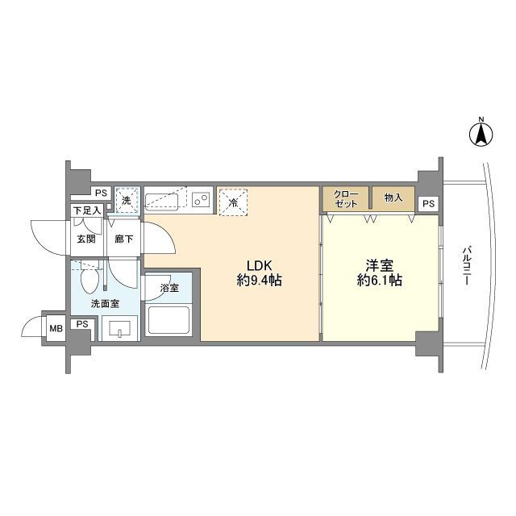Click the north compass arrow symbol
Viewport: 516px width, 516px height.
click(480, 134)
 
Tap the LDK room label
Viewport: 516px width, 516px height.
click(259, 265)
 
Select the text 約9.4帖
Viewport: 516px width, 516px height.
click(259, 281)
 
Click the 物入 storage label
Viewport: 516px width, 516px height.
click(393, 198)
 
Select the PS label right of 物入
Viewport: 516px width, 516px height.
click(427, 203)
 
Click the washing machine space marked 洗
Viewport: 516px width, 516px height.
click(126, 199)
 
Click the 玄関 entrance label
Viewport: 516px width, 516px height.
click(85, 239)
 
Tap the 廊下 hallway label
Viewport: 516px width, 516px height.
click(123, 239)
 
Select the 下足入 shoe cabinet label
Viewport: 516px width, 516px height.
click(86, 211)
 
